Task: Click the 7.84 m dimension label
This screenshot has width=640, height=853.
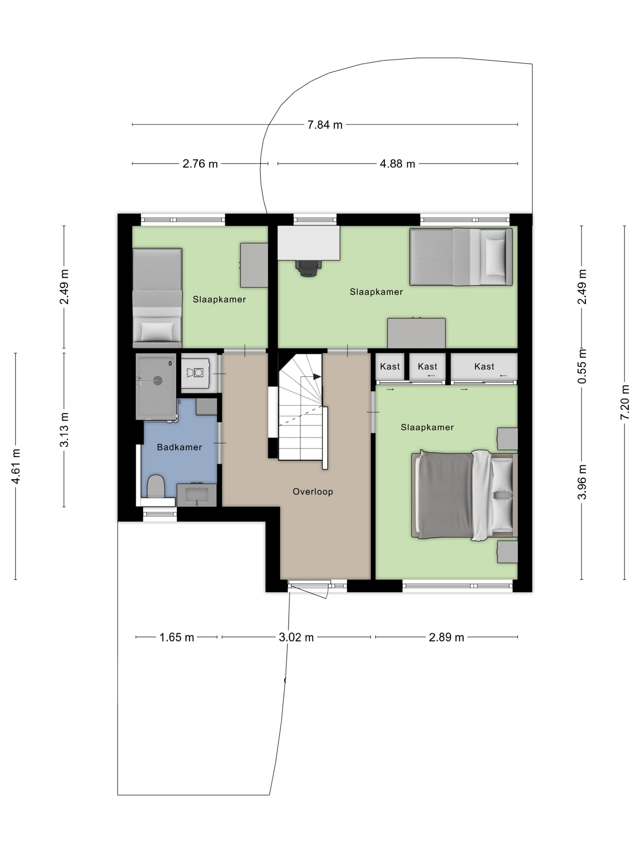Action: tap(325, 125)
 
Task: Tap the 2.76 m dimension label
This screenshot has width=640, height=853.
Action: tap(200, 164)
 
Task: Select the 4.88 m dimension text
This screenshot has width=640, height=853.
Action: tap(397, 164)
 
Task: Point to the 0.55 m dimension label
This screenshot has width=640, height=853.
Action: tap(582, 366)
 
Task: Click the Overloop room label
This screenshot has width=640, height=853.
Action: tap(312, 492)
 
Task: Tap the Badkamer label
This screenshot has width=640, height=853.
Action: tap(180, 447)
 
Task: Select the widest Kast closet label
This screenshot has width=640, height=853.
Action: tap(484, 366)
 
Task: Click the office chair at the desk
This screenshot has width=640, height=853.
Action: tap(308, 267)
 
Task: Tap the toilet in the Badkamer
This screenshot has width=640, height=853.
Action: tap(156, 486)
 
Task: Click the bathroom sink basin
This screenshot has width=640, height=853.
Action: tap(197, 495)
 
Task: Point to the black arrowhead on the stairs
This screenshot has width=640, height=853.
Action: tap(317, 376)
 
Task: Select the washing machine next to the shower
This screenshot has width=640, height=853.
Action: tap(196, 373)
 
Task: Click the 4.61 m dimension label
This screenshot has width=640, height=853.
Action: tap(16, 466)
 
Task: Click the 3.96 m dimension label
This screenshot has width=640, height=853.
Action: tap(582, 482)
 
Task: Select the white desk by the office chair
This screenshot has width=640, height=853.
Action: tap(309, 243)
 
